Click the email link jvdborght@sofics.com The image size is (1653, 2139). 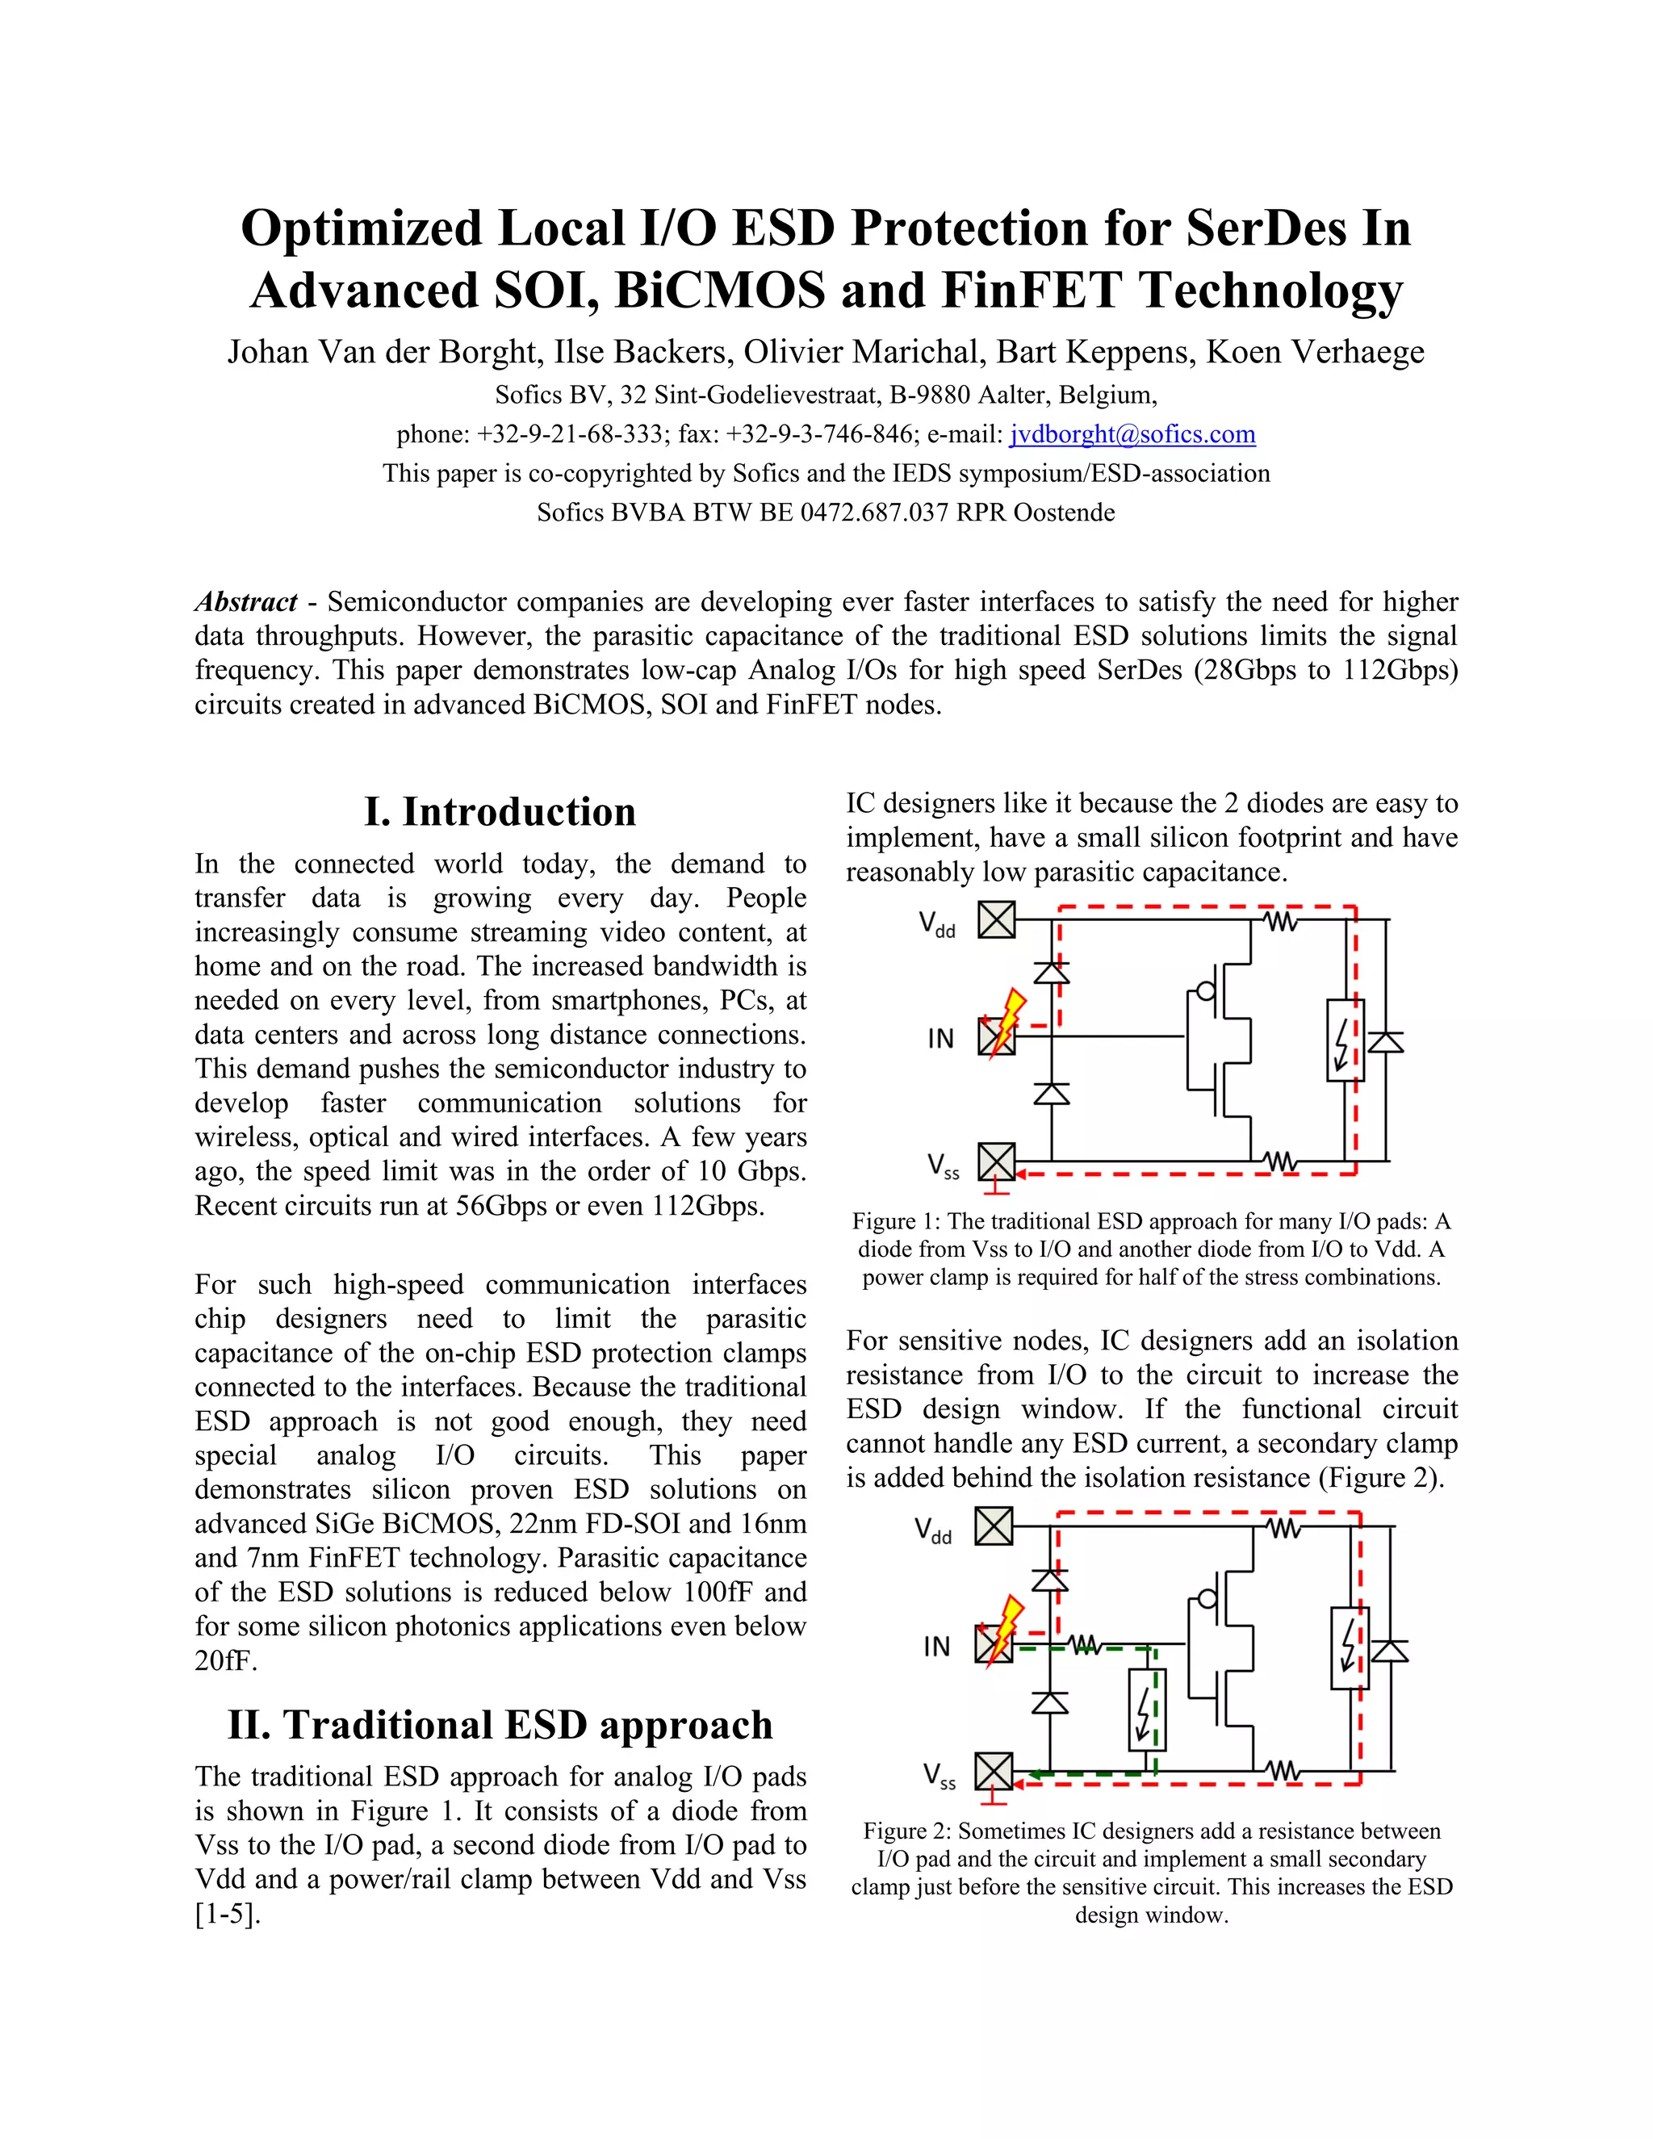[x=1132, y=435]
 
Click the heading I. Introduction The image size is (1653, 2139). [x=500, y=812]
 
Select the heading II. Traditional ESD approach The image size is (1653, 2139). [x=500, y=1725]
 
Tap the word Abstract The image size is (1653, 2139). [x=246, y=601]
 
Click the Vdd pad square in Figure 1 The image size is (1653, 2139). [x=997, y=919]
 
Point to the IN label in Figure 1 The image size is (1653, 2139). [x=940, y=1038]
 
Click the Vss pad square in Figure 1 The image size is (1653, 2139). [x=997, y=1162]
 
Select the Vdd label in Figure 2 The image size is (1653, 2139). [x=933, y=1530]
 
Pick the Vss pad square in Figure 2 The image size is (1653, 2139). [x=994, y=1772]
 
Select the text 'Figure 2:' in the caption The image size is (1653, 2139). [x=906, y=1831]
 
